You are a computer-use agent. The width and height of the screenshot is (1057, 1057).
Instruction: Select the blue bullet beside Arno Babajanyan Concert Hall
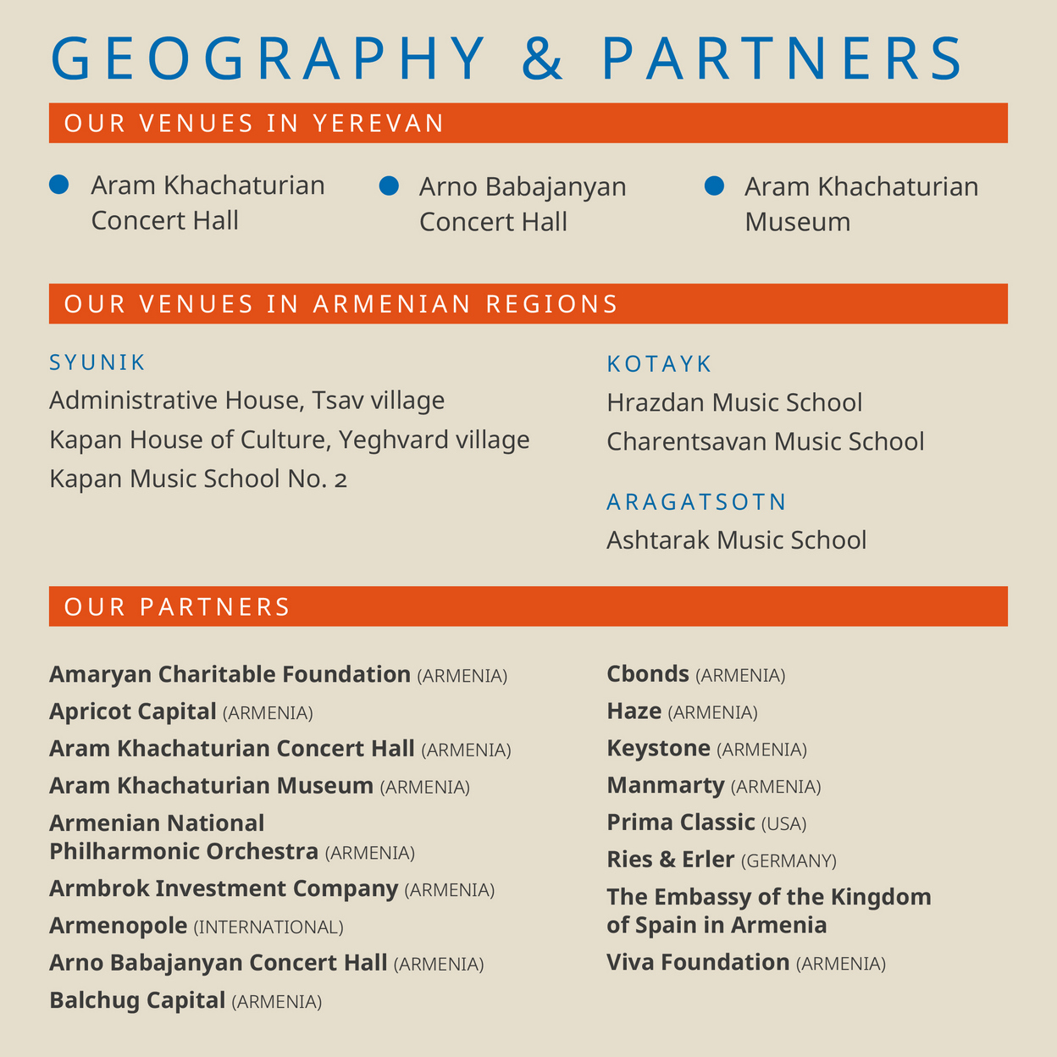click(388, 185)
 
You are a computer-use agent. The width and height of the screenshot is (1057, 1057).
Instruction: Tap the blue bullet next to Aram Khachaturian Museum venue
click(714, 185)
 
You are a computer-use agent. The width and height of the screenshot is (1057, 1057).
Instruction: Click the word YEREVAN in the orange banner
click(379, 124)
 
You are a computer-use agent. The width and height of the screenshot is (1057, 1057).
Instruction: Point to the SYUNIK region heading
click(97, 362)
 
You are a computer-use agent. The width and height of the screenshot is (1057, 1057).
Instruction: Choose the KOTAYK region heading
click(659, 364)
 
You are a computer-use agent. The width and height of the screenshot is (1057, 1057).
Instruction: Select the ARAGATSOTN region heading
click(696, 502)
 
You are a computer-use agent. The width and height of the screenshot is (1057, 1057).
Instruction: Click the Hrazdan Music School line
click(734, 402)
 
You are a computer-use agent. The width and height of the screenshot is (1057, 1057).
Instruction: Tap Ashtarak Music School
click(736, 540)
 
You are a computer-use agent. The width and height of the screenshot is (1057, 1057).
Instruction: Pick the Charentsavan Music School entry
click(765, 441)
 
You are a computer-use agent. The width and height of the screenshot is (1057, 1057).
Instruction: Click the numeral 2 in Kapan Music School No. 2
click(340, 480)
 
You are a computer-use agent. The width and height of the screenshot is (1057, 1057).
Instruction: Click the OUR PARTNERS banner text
click(177, 607)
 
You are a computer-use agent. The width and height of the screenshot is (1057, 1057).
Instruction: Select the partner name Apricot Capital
click(133, 711)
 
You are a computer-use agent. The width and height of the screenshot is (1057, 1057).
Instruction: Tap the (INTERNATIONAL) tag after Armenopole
click(268, 927)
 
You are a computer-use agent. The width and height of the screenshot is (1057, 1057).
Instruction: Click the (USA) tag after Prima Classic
click(783, 824)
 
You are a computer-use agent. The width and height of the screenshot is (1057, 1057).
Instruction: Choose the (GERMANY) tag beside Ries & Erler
click(789, 861)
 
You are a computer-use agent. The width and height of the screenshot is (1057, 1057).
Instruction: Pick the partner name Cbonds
click(648, 674)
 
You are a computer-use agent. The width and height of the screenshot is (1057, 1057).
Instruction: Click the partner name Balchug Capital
click(137, 1000)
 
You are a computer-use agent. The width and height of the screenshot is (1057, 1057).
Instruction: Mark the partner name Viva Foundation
click(698, 963)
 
